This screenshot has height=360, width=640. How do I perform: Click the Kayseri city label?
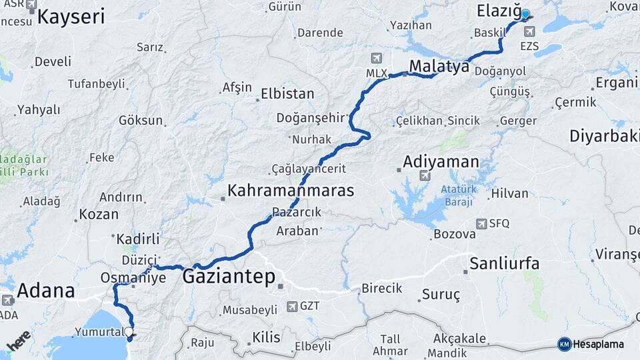pyautogui.click(x=71, y=17)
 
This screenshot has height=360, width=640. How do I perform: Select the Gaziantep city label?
pyautogui.click(x=228, y=276)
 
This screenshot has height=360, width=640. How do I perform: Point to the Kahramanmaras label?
pyautogui.click(x=290, y=190)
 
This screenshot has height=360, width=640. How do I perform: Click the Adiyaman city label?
pyautogui.click(x=441, y=162)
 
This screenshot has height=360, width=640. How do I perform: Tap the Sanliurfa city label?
pyautogui.click(x=504, y=263)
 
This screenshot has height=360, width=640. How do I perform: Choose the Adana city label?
pyautogui.click(x=45, y=291)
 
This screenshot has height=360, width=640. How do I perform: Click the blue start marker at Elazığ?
pyautogui.click(x=525, y=15)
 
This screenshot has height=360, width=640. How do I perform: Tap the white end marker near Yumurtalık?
pyautogui.click(x=129, y=331)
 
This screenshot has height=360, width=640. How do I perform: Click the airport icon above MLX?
pyautogui.click(x=379, y=59)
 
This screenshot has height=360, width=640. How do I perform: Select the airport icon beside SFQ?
pyautogui.click(x=481, y=224)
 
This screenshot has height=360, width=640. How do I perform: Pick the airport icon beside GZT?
pyautogui.click(x=292, y=307)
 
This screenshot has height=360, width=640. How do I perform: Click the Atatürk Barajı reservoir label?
pyautogui.click(x=457, y=195)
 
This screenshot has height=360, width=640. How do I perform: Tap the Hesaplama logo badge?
pyautogui.click(x=591, y=344)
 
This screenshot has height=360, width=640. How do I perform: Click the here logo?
pyautogui.click(x=19, y=341)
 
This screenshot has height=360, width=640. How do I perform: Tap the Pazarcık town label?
pyautogui.click(x=297, y=212)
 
